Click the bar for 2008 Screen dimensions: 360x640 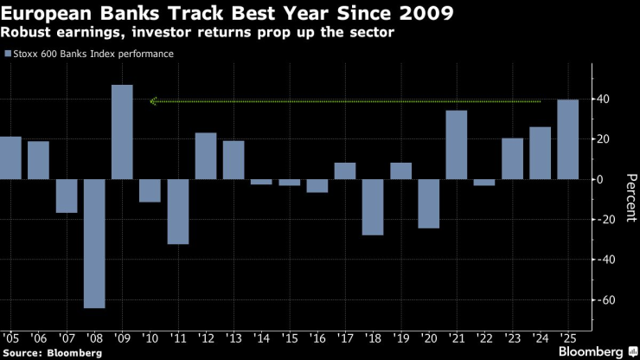tap(94, 243)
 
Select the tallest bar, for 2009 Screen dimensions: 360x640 tap(122, 132)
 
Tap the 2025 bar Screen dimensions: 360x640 tap(568, 139)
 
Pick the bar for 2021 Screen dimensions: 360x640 tap(457, 145)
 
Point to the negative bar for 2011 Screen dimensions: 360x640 tap(178, 211)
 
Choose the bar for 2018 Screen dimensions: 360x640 tap(373, 207)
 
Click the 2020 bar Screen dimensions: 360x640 tap(429, 203)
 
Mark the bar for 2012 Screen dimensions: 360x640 tap(206, 156)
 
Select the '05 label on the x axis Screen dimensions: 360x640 tap(11, 337)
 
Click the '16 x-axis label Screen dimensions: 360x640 tap(317, 337)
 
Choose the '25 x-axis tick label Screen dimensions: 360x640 tap(568, 337)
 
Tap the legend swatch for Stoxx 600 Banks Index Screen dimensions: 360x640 tap(8, 54)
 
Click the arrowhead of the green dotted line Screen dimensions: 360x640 tap(153, 101)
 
